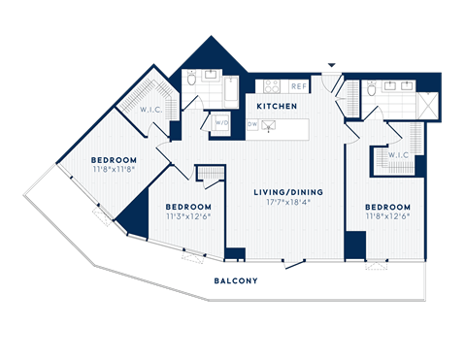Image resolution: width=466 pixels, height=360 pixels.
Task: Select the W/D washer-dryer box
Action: pyautogui.click(x=220, y=123)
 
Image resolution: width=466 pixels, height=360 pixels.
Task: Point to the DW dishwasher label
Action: pyautogui.click(x=252, y=124)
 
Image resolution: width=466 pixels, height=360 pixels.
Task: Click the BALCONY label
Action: pyautogui.click(x=236, y=281)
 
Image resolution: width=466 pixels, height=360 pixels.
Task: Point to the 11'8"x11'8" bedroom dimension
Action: pyautogui.click(x=114, y=169)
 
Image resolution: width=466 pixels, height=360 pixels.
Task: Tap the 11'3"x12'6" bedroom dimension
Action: pyautogui.click(x=187, y=216)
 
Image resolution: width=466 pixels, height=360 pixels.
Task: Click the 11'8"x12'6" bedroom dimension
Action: pyautogui.click(x=387, y=216)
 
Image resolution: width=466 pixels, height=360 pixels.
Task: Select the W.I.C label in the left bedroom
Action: pyautogui.click(x=150, y=109)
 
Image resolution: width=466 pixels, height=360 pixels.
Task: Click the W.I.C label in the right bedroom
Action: pyautogui.click(x=399, y=156)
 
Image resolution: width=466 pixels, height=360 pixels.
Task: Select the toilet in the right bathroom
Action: pyautogui.click(x=372, y=90)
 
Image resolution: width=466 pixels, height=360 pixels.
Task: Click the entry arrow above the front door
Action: pyautogui.click(x=330, y=66)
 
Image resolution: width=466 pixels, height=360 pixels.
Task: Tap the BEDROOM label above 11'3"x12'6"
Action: pyautogui.click(x=187, y=207)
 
